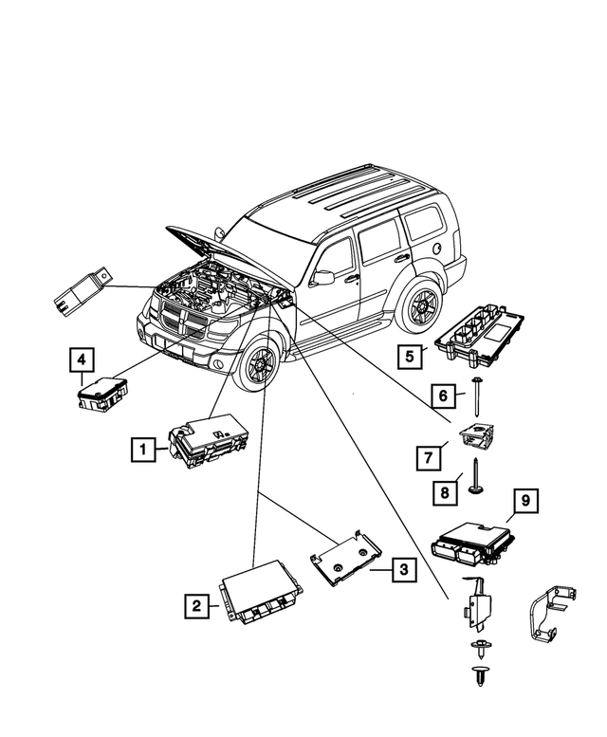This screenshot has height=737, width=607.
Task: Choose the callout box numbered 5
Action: [x=410, y=358]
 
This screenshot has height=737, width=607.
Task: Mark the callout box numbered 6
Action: [x=441, y=394]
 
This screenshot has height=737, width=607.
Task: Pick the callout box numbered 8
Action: [x=441, y=493]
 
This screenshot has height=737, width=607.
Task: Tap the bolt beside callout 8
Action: [x=472, y=476]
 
